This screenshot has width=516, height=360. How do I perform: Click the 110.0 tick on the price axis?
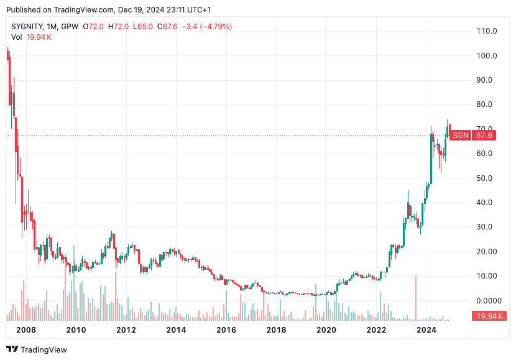[x=487, y=31]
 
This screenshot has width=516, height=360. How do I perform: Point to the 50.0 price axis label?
[x=487, y=178]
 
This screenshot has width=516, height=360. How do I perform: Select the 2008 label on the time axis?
[x=25, y=330]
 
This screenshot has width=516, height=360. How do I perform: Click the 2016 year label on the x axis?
[x=226, y=330]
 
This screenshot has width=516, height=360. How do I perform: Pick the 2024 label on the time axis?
[x=426, y=330]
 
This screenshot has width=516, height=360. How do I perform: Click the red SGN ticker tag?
[x=459, y=136]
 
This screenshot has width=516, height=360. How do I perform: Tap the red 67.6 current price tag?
[x=484, y=136]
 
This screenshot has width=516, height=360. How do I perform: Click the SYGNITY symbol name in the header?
[x=26, y=27]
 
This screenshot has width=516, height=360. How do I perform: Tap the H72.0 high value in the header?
[x=118, y=27]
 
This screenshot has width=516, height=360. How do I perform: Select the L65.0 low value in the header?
[x=143, y=27]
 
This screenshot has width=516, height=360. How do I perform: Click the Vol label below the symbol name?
[x=17, y=37]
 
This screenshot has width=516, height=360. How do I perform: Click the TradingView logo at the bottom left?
[x=37, y=349]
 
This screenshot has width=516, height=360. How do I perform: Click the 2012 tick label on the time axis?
[x=126, y=330]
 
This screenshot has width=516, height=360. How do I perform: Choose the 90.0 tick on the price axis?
[x=487, y=80]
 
